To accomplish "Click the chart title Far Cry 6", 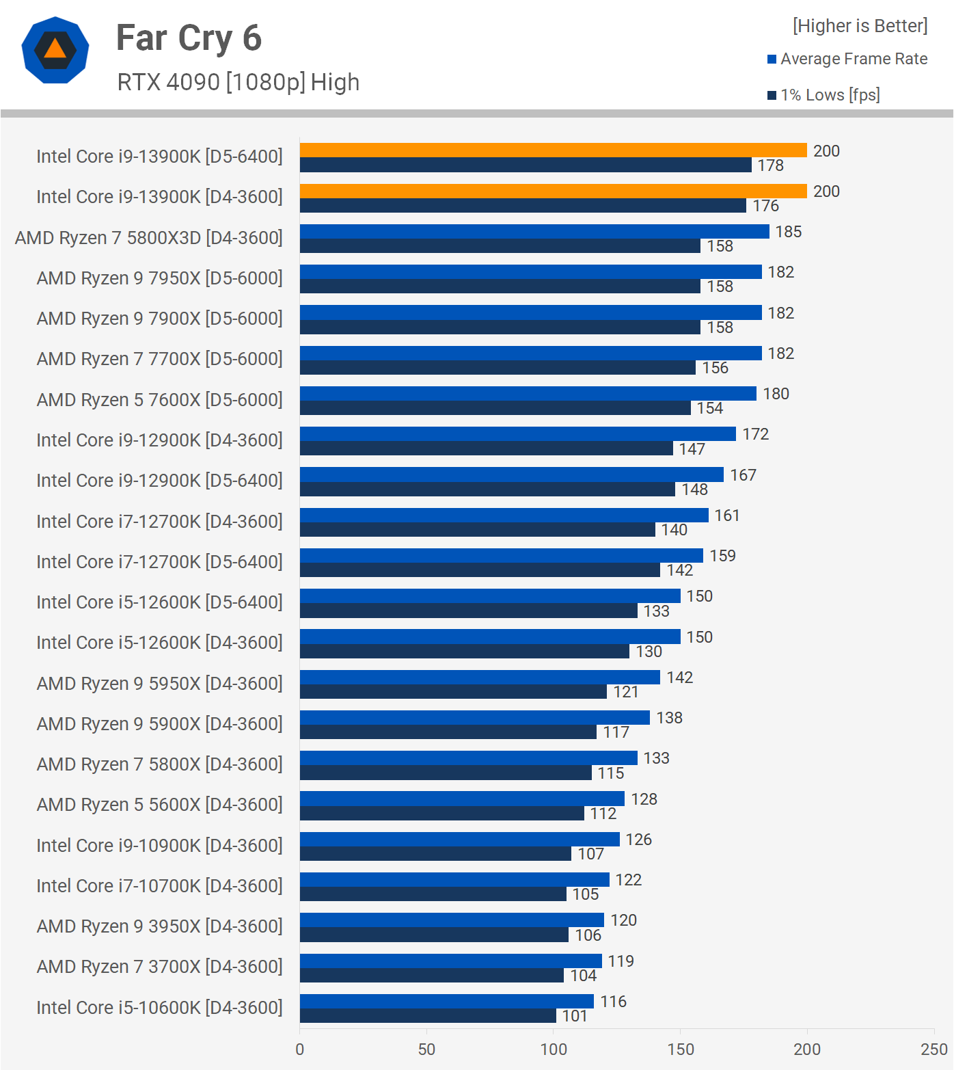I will (x=189, y=38).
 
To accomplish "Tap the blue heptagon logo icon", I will (x=55, y=50).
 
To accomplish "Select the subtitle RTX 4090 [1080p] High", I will (x=238, y=82).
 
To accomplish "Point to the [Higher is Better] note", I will (x=860, y=26).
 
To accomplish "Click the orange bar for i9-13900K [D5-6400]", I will (x=553, y=150).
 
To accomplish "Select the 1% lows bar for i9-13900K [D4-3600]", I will (x=523, y=206).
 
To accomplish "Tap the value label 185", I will (x=789, y=232).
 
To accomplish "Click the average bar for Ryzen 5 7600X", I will (x=528, y=393).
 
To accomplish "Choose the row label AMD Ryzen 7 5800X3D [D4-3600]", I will (x=149, y=237).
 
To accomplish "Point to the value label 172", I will (x=756, y=434).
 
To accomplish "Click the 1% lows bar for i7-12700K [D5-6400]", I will (x=480, y=570).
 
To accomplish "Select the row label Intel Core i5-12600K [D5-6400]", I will (x=159, y=602).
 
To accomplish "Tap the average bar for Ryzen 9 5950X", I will (x=480, y=677).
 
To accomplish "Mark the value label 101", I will (x=575, y=1016).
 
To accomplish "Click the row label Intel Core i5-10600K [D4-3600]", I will (x=159, y=1007).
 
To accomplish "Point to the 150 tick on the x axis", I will (x=681, y=1049).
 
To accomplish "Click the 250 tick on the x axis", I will (x=933, y=1049).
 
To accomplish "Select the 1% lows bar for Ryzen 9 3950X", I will (x=434, y=935).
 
